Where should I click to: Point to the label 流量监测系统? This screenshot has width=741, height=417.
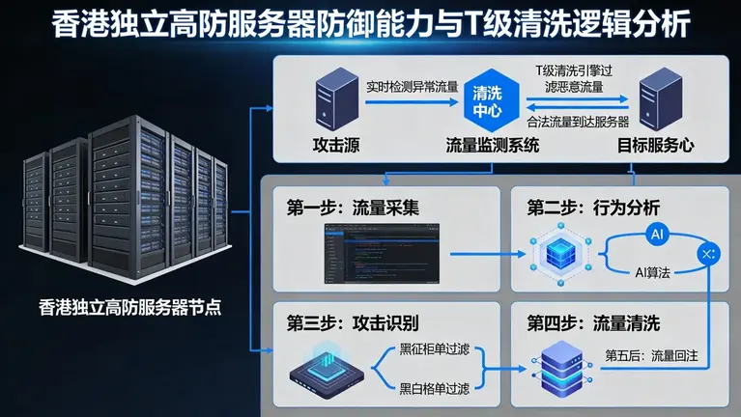[492, 146]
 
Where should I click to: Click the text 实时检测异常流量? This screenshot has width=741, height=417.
[413, 85]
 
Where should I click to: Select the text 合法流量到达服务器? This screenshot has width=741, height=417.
[578, 123]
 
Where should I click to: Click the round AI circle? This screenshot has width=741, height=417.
[657, 235]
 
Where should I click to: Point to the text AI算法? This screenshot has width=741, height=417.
[652, 273]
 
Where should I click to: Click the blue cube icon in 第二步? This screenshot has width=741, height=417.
[558, 253]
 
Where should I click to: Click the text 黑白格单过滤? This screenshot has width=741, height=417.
[434, 389]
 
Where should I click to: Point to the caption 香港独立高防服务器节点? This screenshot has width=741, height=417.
[130, 309]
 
